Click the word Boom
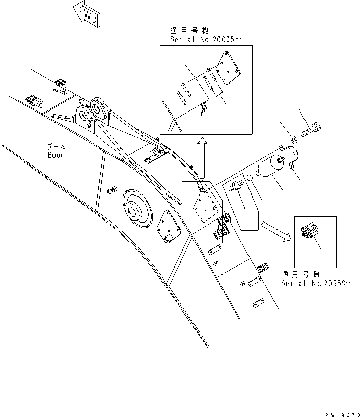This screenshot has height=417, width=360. (x=57, y=155)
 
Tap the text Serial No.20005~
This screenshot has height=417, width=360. (x=202, y=39)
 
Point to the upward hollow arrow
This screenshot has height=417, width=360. (x=202, y=153)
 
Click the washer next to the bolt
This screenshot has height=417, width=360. (x=293, y=139)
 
